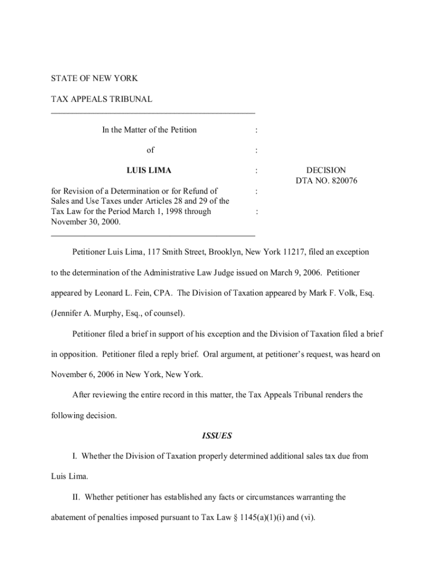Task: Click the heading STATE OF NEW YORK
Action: pyautogui.click(x=94, y=78)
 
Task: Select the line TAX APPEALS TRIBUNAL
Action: pyautogui.click(x=101, y=99)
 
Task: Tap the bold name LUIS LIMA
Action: pyautogui.click(x=149, y=170)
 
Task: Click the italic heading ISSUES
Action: pyautogui.click(x=216, y=436)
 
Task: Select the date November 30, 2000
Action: pyautogui.click(x=85, y=222)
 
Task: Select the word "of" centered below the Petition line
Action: pyautogui.click(x=150, y=150)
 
